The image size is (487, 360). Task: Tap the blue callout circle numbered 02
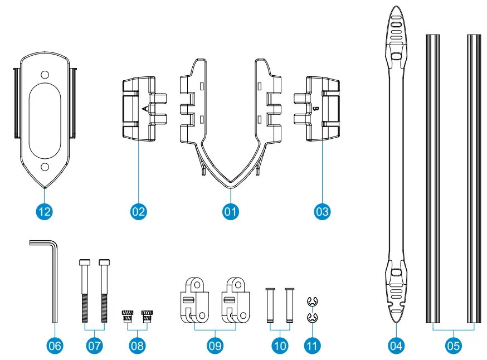coord(138,211)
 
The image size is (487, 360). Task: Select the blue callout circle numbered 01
coord(230,211)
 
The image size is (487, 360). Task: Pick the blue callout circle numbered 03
coord(322,211)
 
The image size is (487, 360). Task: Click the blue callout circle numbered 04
coord(396,346)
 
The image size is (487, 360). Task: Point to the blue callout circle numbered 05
coord(454,346)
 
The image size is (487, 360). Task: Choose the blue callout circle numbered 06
coord(54,346)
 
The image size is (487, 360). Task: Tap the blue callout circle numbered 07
coord(94,346)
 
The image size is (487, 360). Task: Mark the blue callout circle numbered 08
coord(137,346)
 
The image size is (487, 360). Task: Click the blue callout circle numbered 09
coord(215,346)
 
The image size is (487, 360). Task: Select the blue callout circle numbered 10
coord(280,346)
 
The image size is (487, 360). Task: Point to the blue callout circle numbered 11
coord(313,346)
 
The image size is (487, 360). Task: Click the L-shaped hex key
coord(53,279)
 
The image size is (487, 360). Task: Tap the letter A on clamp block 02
coord(145,108)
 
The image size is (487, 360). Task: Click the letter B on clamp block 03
coord(315,108)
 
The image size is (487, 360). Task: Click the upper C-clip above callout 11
coord(313,301)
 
